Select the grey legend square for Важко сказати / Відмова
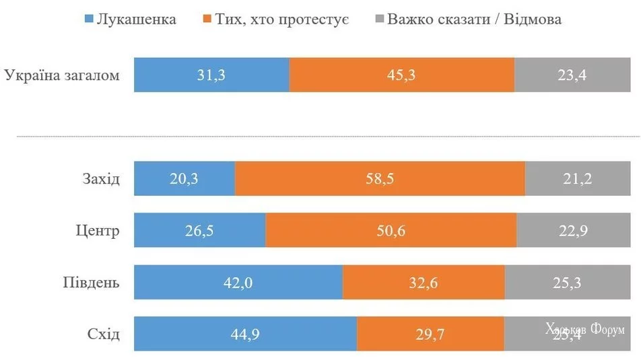377,19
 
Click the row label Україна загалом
62,75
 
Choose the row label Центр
98,231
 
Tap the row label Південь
92,282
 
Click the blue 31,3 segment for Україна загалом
211,75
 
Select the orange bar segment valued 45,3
402,75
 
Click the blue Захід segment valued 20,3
184,179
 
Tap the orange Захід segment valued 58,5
380,179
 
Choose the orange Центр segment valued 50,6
391,231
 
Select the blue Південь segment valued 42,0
238,282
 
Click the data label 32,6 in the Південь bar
424,283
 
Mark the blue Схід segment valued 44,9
245,334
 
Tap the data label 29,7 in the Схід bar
430,334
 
